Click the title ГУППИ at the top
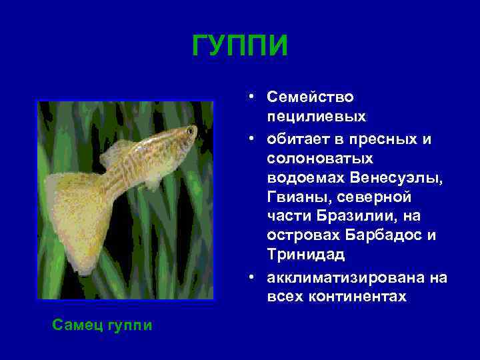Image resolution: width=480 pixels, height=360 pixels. pos(240,46)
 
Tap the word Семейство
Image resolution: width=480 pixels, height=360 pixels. pos(311,97)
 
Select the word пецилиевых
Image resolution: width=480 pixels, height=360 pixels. pos(316,117)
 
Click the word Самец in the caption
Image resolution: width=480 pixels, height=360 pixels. pos(77,326)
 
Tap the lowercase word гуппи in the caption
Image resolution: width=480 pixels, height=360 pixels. pos(129,326)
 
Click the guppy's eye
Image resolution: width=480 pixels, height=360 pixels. pos(190,131)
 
